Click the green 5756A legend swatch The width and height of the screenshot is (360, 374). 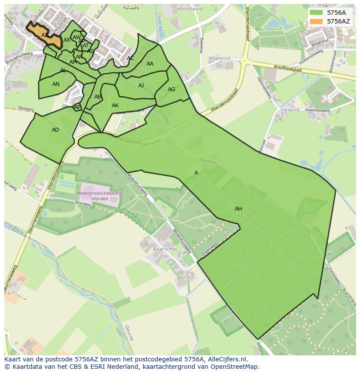point(317,13)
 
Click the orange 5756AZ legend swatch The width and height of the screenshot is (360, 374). point(317,21)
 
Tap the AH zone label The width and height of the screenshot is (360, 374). point(238,209)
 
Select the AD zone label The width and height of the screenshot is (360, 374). point(55,130)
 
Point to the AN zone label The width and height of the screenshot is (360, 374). point(56,84)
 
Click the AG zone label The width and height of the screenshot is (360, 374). point(171,89)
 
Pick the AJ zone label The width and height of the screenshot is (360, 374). point(141,86)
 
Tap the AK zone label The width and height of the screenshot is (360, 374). point(115,106)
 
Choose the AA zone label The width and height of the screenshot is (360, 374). point(150,64)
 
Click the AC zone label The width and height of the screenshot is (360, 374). point(130,58)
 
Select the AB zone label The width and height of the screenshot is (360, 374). point(98,97)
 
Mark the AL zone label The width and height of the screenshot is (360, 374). point(63,70)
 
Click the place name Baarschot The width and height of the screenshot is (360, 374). point(165,249)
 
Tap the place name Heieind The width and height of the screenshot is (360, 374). point(290,110)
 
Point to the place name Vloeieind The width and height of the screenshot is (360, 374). point(219,58)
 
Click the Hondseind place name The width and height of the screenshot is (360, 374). point(190,8)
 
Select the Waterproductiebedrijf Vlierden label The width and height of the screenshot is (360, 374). point(100,195)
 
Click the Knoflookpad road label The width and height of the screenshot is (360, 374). point(288,68)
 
